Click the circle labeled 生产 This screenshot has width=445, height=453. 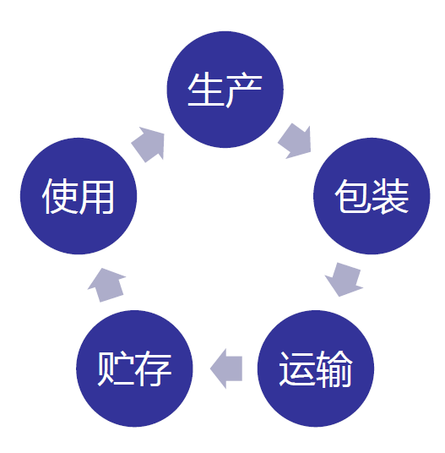click(225, 90)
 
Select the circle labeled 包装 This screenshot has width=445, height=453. click(372, 196)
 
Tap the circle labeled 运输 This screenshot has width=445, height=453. click(316, 368)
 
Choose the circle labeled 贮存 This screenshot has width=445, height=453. click(134, 368)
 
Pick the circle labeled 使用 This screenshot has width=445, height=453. click(79, 196)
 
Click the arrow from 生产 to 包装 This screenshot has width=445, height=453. click(296, 142)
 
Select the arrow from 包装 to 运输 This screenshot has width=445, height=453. click(345, 280)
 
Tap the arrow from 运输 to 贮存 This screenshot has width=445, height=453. click(226, 368)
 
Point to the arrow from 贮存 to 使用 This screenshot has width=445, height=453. click(106, 285)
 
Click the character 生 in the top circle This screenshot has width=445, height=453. click(206, 90)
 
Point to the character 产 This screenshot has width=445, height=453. click(244, 90)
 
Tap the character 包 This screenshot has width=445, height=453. click(353, 196)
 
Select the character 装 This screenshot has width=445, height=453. click(390, 196)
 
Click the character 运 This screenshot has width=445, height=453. click(297, 368)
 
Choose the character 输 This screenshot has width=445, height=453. click(334, 368)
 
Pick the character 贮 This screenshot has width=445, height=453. click(116, 368)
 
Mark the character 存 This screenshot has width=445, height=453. click(154, 368)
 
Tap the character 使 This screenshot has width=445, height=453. click(60, 196)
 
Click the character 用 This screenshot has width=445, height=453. click(97, 197)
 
